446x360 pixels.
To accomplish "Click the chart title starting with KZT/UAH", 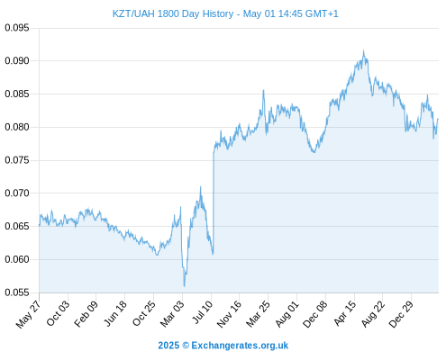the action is tap(225, 13).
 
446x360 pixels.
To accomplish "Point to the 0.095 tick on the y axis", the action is tap(17, 28).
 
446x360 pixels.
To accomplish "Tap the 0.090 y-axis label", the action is tap(17, 61).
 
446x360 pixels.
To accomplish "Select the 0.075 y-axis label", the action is tap(17, 160).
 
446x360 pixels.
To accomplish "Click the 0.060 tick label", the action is tap(17, 259).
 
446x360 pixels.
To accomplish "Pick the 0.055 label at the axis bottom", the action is tap(17, 292).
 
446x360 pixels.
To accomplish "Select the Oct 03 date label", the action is tap(58, 313).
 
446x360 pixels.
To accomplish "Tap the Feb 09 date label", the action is tap(86, 314).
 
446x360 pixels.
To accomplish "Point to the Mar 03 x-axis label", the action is tap(172, 314).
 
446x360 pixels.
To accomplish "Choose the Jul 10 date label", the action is tap(202, 312).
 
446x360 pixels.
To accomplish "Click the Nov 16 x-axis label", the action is tap(229, 314).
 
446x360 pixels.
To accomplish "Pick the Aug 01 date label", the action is tap(287, 314).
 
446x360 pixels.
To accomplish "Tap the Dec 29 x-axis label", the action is tap(401, 314).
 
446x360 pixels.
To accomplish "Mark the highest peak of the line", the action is tap(363, 50).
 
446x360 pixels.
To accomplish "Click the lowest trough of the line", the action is tap(184, 286).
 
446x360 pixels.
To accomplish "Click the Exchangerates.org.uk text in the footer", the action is tap(240, 346).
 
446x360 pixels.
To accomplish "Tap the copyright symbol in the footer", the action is tap(186, 346).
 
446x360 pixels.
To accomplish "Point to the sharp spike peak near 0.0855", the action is tap(263, 90).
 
